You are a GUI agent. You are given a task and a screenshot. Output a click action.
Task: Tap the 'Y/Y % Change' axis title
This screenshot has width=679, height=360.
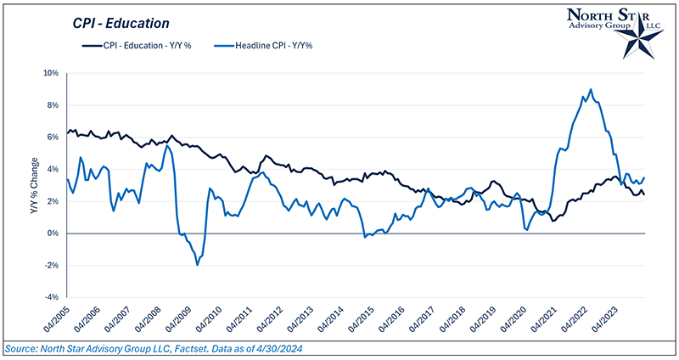click(x=35, y=184)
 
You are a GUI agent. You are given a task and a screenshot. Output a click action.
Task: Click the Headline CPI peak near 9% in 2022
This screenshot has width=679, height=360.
click(x=590, y=89)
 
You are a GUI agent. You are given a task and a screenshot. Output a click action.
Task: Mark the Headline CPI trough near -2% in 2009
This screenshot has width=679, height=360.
click(x=197, y=265)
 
